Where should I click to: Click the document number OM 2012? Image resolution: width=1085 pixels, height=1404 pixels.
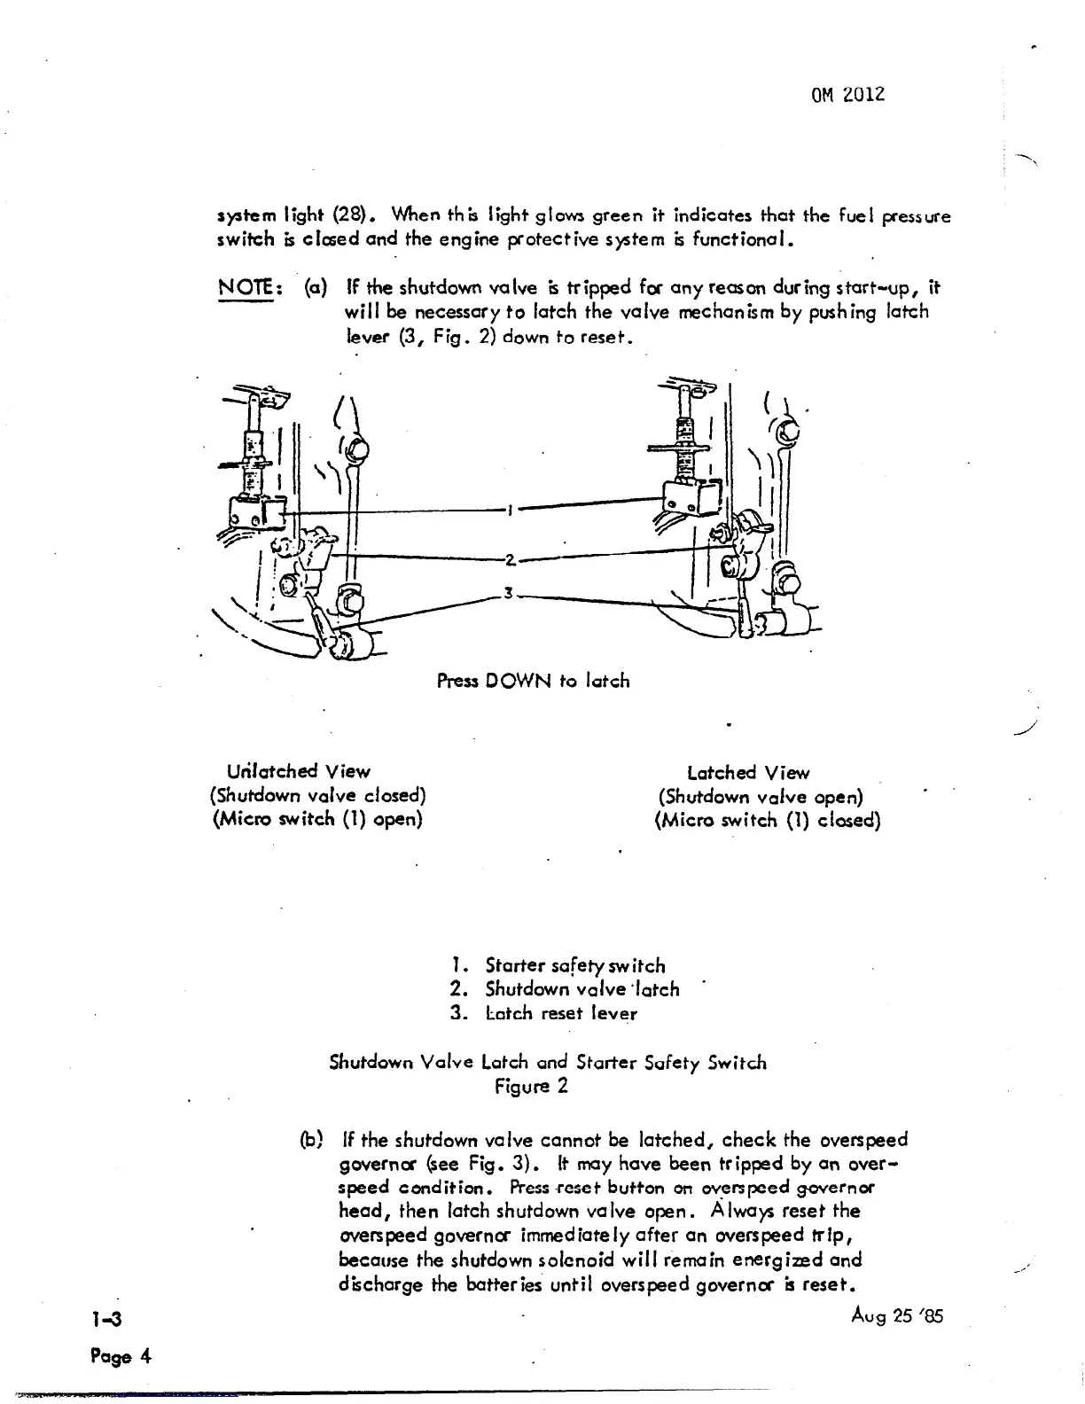coord(847,95)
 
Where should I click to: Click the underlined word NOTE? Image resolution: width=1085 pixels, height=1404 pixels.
coord(245,288)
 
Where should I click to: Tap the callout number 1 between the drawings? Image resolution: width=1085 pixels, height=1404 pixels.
coord(510,511)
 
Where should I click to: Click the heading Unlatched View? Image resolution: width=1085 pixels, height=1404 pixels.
coord(299,771)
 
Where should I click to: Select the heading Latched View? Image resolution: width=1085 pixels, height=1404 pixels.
coord(748,772)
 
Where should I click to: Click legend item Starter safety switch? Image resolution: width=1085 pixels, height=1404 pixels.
coord(574,965)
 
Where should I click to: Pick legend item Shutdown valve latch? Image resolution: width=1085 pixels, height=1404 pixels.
coord(582,989)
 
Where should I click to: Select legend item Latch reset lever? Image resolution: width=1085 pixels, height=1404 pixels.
coord(560,1013)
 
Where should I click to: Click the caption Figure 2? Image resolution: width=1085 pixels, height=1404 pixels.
coord(531,1086)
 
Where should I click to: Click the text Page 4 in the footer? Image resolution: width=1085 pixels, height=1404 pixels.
coord(121,1356)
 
